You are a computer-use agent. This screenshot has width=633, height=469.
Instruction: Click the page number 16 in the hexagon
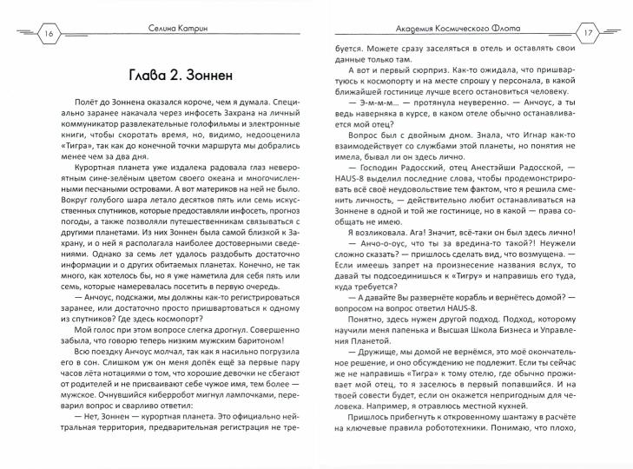[x=25, y=31]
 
